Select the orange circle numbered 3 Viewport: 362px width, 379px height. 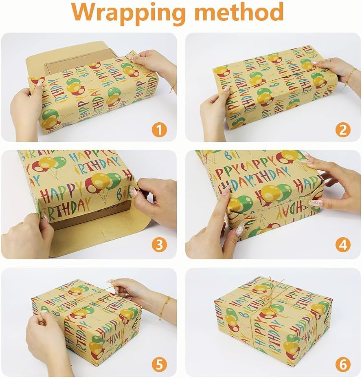[159, 245]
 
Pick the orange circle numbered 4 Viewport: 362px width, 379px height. [343, 245]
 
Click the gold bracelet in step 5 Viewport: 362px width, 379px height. [165, 308]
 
